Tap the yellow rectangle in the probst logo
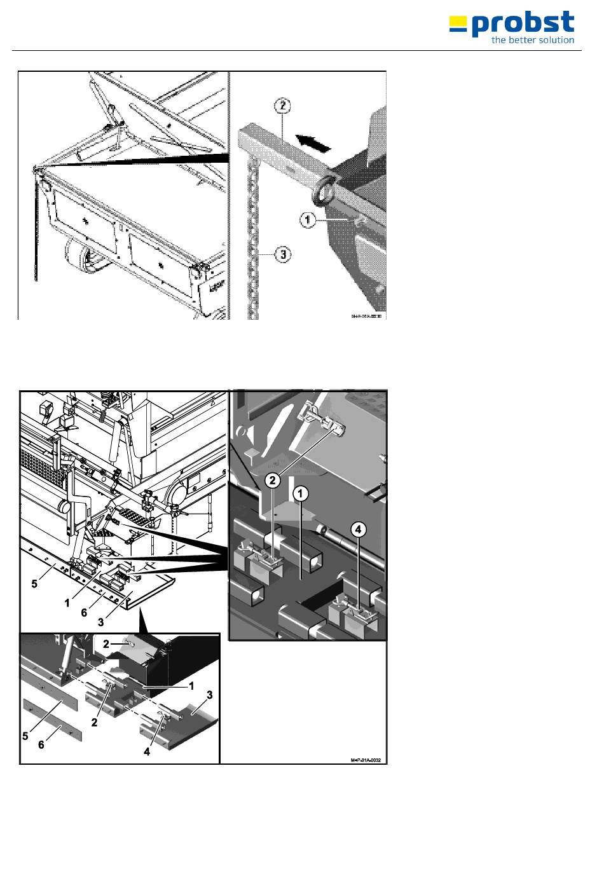pyautogui.click(x=457, y=24)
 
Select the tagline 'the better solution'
pyautogui.click(x=533, y=40)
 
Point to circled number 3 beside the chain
pyautogui.click(x=282, y=255)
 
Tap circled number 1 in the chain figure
pyautogui.click(x=308, y=220)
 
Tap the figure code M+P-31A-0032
pyautogui.click(x=369, y=760)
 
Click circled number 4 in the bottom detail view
pyautogui.click(x=359, y=529)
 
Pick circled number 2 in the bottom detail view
pyautogui.click(x=273, y=480)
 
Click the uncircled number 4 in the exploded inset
pyautogui.click(x=148, y=751)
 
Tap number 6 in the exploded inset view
pyautogui.click(x=41, y=744)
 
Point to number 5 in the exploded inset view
pyautogui.click(x=25, y=736)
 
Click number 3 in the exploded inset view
pyautogui.click(x=209, y=695)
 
